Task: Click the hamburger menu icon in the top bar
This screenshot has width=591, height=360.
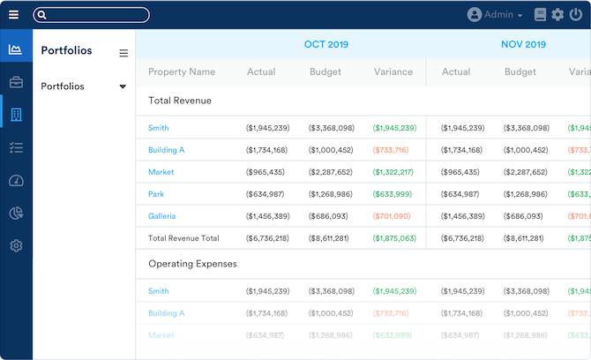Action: tap(13, 15)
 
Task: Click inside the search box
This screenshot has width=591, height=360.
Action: tap(93, 15)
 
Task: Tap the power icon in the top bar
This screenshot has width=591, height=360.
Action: tap(576, 15)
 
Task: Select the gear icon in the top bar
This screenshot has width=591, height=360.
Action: tap(557, 15)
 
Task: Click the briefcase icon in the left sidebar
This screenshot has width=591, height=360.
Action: tap(16, 82)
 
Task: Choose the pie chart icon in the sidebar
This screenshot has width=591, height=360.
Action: tap(16, 213)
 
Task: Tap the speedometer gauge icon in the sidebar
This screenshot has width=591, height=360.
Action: tap(16, 181)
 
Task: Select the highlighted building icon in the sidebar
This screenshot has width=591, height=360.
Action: tap(16, 115)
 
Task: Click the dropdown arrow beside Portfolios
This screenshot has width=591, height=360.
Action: tap(123, 86)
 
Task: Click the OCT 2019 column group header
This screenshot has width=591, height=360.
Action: tap(326, 44)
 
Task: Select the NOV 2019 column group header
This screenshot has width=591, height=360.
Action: tap(523, 44)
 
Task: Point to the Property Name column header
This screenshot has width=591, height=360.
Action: tap(182, 72)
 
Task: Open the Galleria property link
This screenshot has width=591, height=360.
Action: tap(161, 216)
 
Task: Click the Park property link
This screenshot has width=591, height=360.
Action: tap(156, 194)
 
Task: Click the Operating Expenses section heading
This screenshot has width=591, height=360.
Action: tap(192, 264)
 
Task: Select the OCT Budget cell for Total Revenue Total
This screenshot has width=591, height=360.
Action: tap(331, 238)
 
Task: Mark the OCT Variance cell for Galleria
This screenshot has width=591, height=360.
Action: tap(392, 216)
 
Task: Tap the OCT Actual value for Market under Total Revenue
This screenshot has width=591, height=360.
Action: tap(266, 172)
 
